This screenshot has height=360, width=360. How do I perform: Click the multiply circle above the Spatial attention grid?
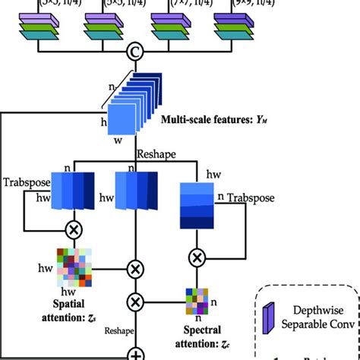(74, 229)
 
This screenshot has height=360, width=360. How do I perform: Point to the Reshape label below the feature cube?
(157, 154)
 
